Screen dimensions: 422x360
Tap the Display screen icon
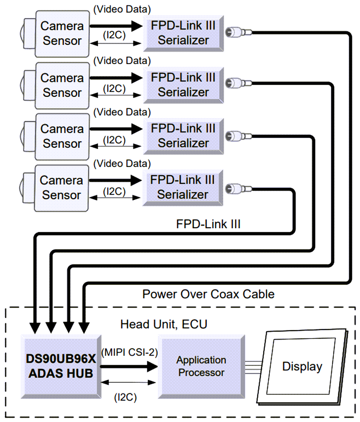click(x=302, y=366)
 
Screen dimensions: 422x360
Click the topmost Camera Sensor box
click(x=62, y=33)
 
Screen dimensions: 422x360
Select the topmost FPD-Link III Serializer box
click(x=183, y=33)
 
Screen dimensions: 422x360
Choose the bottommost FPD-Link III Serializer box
click(x=183, y=187)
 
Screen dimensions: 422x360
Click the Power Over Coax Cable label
click(x=208, y=294)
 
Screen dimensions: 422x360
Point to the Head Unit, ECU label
click(x=164, y=324)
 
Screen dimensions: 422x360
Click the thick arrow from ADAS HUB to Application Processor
click(x=128, y=366)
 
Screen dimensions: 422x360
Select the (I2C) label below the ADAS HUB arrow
click(x=125, y=397)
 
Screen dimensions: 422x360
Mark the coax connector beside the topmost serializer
click(x=238, y=32)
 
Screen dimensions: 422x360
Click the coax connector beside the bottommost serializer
click(x=238, y=188)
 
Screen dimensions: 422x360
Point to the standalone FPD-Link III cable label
click(x=208, y=224)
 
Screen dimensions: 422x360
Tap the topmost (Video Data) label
click(x=122, y=8)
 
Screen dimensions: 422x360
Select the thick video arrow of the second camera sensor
click(x=115, y=78)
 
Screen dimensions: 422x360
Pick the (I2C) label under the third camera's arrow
click(x=114, y=140)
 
